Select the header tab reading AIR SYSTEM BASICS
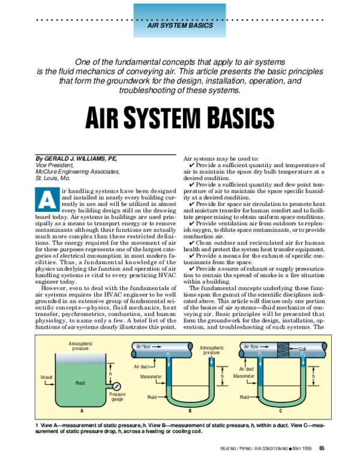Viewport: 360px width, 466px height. (x=180, y=28)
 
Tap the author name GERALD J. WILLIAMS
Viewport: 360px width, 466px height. (x=79, y=158)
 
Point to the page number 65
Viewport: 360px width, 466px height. (x=322, y=447)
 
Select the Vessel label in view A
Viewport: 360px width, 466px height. (x=46, y=377)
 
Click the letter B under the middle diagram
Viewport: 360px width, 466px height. (x=190, y=410)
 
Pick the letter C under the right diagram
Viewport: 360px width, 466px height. (x=280, y=410)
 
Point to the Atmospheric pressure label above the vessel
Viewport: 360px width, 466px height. (x=79, y=346)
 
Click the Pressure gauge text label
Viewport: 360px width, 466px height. (x=118, y=397)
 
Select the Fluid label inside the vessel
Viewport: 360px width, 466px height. (x=80, y=382)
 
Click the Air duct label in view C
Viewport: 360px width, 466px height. (x=248, y=369)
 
